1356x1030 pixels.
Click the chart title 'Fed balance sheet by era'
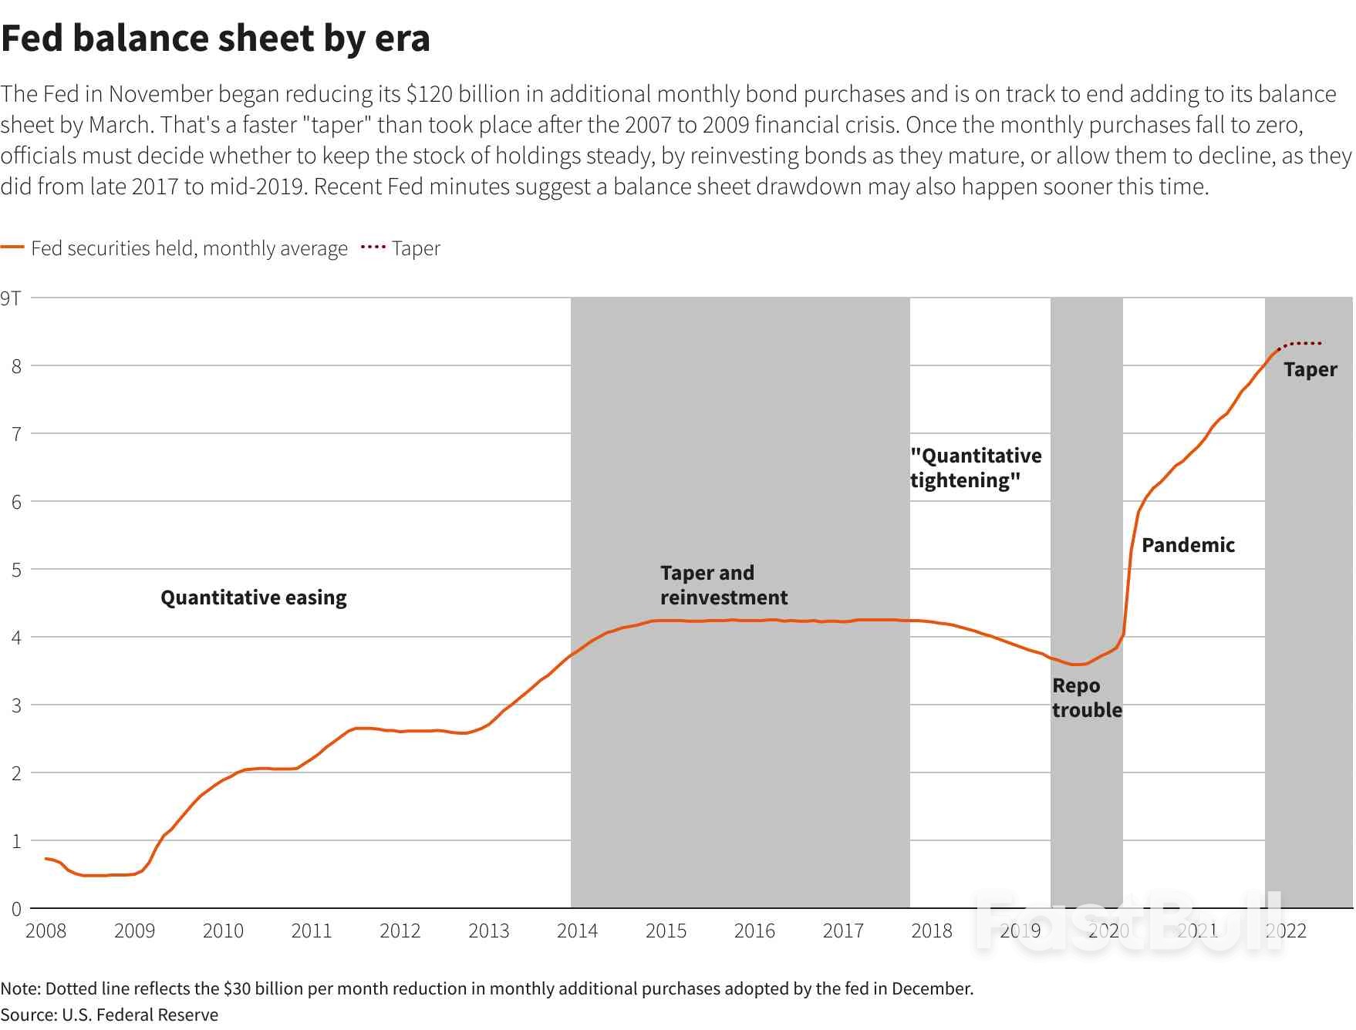pyautogui.click(x=215, y=39)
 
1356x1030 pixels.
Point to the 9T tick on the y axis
pyautogui.click(x=11, y=298)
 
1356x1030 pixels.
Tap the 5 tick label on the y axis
pyautogui.click(x=15, y=570)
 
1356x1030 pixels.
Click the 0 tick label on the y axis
pyautogui.click(x=15, y=909)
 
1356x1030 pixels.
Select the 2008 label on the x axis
pyautogui.click(x=46, y=931)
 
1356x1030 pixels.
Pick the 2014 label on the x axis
pyautogui.click(x=577, y=931)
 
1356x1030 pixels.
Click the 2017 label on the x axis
pyautogui.click(x=842, y=931)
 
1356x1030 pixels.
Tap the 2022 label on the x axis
pyautogui.click(x=1286, y=931)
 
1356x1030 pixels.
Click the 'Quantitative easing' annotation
pyautogui.click(x=253, y=597)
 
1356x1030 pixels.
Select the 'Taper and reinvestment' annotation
pyautogui.click(x=723, y=585)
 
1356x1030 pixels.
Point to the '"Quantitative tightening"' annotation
pyautogui.click(x=975, y=468)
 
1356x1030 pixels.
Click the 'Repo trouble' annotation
pyautogui.click(x=1086, y=698)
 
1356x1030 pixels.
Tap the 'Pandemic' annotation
pyautogui.click(x=1188, y=545)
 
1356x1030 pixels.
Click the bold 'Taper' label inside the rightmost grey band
pyautogui.click(x=1310, y=369)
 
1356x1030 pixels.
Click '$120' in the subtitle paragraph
pyautogui.click(x=424, y=94)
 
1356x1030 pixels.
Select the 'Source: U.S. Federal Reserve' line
pyautogui.click(x=110, y=1015)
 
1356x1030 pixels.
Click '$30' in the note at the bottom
pyautogui.click(x=235, y=988)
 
